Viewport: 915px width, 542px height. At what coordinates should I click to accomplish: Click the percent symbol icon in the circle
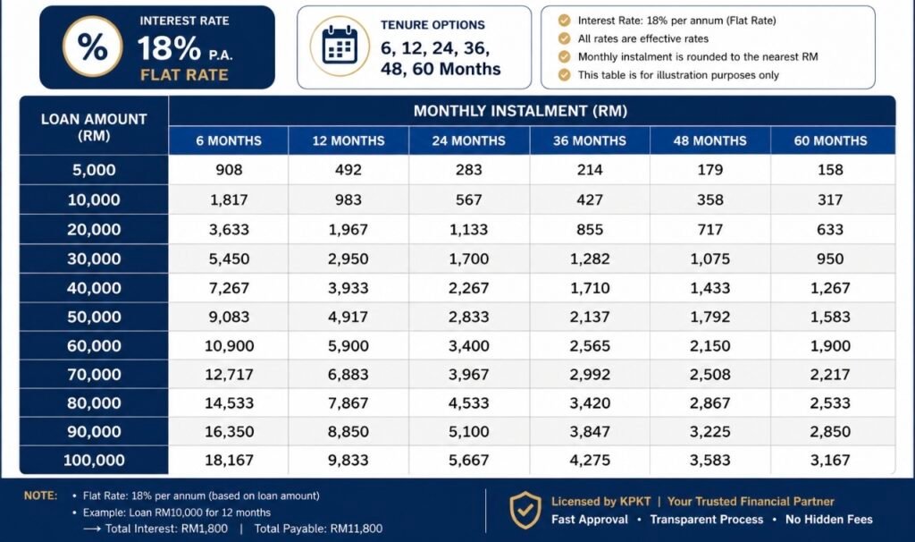coord(92,47)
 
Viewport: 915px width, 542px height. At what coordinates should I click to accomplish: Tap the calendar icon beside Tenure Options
coord(340,46)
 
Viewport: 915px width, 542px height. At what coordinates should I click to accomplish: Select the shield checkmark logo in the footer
coord(525,510)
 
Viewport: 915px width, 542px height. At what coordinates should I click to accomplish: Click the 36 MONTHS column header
coord(590,140)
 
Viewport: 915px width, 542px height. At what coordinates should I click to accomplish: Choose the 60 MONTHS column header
coord(830,140)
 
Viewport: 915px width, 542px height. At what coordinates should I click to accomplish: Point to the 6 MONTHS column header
coord(229,140)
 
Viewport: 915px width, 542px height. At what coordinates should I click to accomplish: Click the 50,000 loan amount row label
coord(94,318)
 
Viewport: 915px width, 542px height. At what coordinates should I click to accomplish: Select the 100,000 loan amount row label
coord(94,461)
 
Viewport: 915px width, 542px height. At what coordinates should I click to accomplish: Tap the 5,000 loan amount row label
coord(94,170)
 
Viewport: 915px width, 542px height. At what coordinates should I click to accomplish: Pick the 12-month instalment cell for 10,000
coord(348,199)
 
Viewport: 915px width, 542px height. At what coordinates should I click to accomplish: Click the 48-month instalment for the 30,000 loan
coord(710,258)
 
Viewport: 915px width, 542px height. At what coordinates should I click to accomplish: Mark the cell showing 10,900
coord(229,346)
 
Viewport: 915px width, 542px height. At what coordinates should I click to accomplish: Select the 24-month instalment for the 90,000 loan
coord(469,432)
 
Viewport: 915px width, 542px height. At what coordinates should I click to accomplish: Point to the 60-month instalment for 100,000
coord(830,461)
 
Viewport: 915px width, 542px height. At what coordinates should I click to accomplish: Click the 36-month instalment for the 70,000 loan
coord(590,375)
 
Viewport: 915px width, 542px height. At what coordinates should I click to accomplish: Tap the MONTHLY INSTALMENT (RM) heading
coord(521,111)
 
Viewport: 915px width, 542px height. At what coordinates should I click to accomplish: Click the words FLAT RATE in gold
coord(184,75)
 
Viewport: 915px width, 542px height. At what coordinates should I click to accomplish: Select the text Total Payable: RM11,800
coord(319,529)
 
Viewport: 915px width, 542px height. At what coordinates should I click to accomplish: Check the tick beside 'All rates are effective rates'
coord(565,38)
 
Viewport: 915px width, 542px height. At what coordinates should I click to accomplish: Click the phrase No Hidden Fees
coord(828,520)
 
